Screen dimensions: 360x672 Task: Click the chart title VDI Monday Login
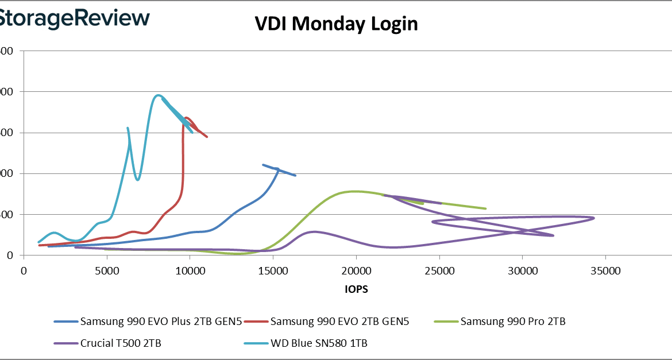coord(336,24)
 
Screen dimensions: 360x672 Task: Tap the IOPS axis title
coord(356,289)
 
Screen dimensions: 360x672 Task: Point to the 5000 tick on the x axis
coord(107,270)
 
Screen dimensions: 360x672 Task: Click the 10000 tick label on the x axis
coord(190,270)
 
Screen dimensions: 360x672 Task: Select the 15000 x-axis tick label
coord(273,270)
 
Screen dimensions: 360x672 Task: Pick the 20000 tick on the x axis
coord(356,270)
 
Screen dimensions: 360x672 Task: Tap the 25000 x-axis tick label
coord(439,270)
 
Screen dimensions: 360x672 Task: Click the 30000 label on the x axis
coord(523,270)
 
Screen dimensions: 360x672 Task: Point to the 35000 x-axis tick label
coord(606,270)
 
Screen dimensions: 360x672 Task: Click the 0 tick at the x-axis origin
coord(24,270)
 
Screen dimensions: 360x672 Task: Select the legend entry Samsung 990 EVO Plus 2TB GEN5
coord(161,322)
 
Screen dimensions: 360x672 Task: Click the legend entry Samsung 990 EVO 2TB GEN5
coord(339,322)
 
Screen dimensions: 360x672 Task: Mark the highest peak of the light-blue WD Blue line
coord(158,95)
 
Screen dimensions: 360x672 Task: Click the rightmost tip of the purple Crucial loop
coord(594,218)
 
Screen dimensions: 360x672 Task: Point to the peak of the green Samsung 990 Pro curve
coord(355,191)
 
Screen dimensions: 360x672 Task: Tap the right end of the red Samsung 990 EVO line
coord(207,137)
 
